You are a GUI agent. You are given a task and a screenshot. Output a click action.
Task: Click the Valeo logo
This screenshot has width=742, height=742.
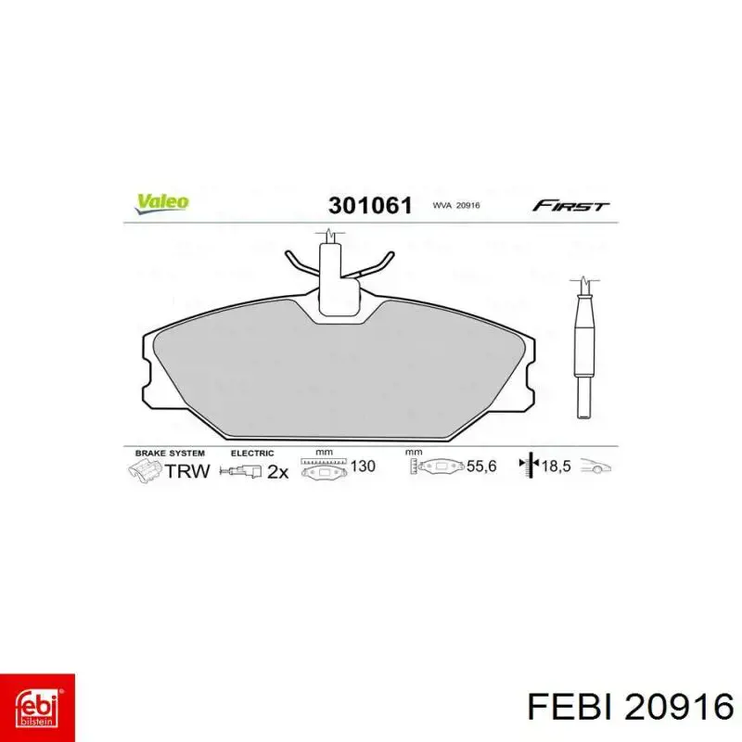[x=161, y=203]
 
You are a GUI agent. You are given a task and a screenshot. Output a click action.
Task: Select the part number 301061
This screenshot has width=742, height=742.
[x=370, y=206]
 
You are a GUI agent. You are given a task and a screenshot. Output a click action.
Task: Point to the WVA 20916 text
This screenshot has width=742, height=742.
[x=456, y=205]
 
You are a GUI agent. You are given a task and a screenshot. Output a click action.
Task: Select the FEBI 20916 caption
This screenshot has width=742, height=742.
[x=631, y=708]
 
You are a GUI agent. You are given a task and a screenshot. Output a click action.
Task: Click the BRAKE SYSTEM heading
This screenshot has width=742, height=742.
[x=170, y=454]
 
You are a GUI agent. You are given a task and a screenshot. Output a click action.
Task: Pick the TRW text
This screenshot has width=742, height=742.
[x=187, y=471]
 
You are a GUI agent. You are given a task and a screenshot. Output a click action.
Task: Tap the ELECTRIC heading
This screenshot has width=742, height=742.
[x=252, y=454]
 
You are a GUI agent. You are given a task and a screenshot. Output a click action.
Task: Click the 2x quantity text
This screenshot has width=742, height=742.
[x=277, y=472]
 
